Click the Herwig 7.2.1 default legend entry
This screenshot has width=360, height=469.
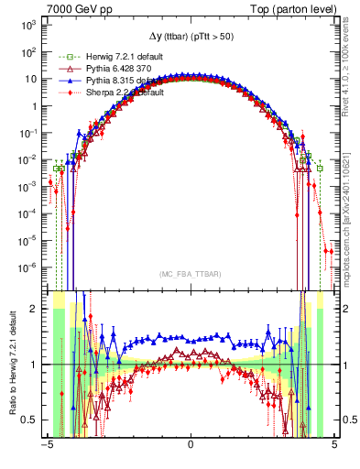96,57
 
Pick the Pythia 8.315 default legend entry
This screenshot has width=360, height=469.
98,81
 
